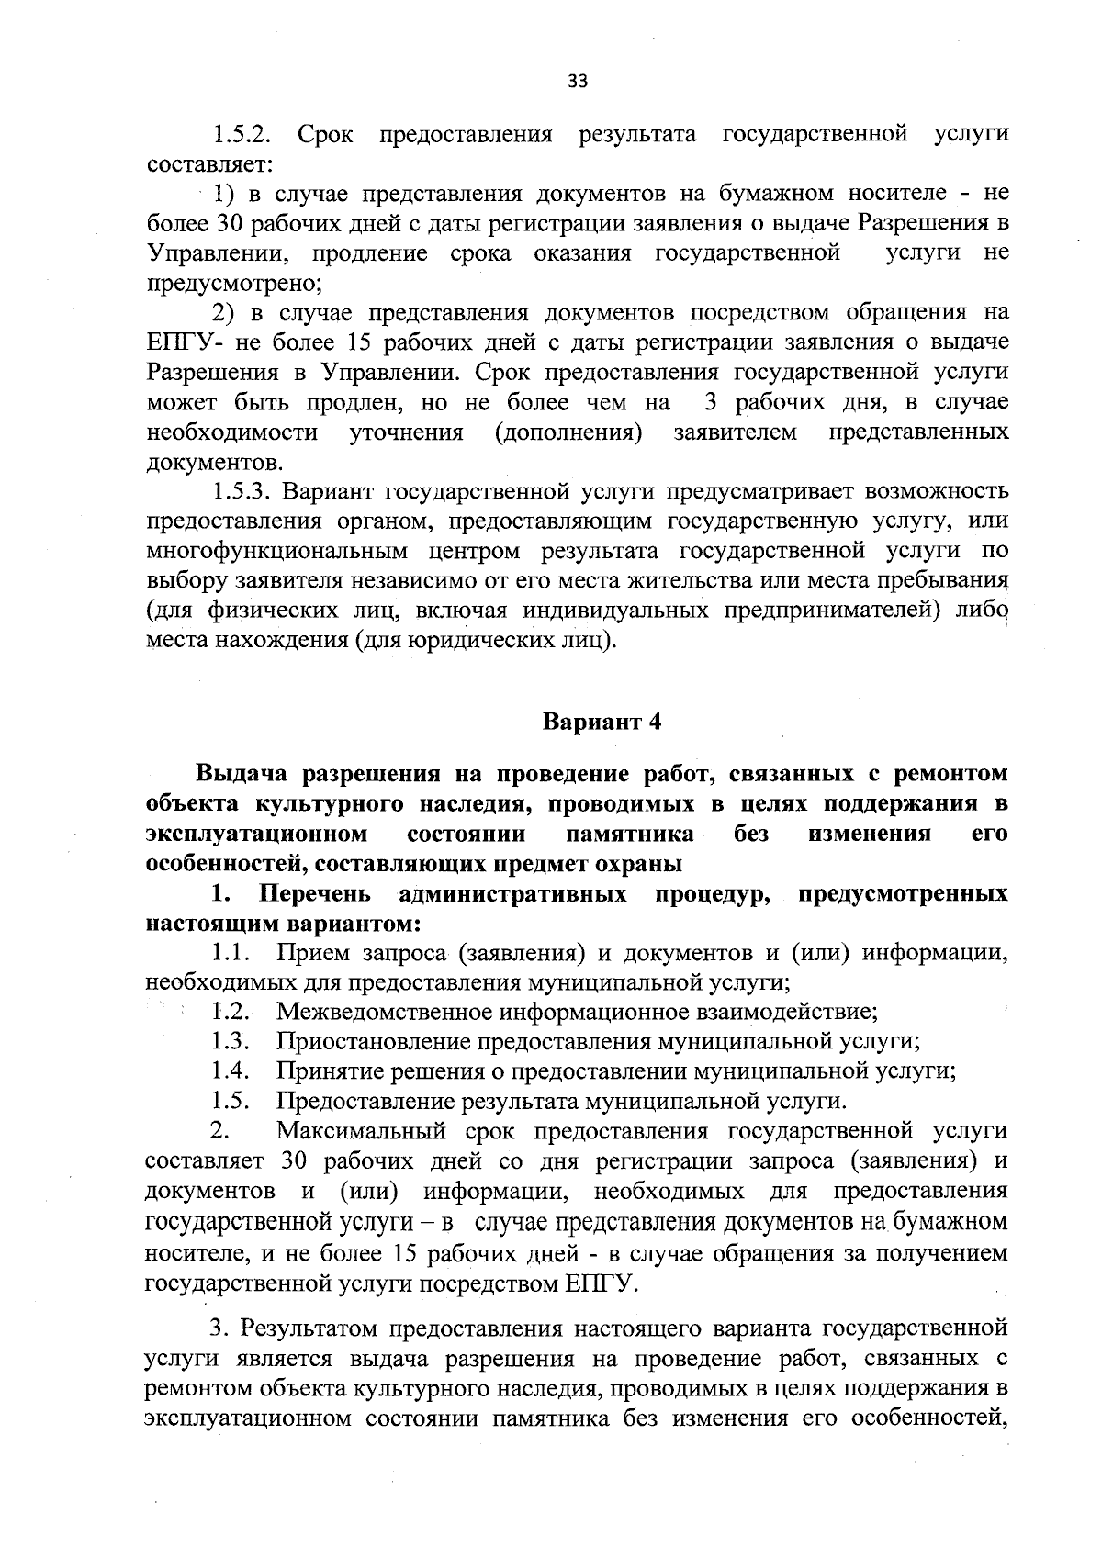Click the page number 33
577,81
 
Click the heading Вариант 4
602,721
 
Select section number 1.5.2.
241,134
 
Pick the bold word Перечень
316,893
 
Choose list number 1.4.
231,1070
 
